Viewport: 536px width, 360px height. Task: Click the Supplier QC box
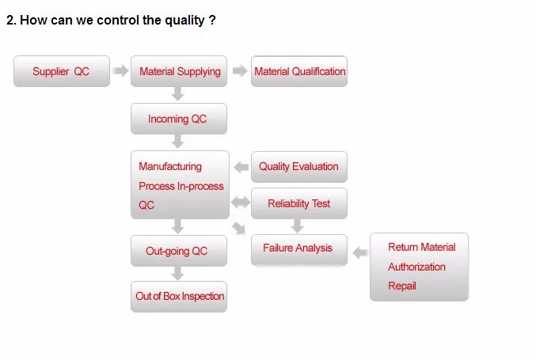[x=62, y=71]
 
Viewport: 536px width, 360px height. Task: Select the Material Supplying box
[x=179, y=71]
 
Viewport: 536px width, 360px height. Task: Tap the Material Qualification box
[x=299, y=71]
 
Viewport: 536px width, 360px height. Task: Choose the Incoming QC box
[x=179, y=119]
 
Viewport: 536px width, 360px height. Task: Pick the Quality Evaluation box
[x=299, y=167]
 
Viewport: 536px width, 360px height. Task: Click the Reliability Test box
[x=299, y=203]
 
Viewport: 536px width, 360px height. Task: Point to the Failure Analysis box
[x=299, y=249]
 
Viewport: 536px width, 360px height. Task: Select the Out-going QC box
[x=179, y=251]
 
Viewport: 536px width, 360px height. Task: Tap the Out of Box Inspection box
[x=179, y=297]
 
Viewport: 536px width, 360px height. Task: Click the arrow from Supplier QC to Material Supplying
[x=120, y=70]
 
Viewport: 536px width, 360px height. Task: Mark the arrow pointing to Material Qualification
[x=240, y=70]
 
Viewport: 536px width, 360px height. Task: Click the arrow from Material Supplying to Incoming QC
[x=178, y=93]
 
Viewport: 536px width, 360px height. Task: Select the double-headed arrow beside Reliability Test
[x=241, y=203]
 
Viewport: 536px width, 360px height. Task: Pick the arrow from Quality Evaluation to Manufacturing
[x=241, y=167]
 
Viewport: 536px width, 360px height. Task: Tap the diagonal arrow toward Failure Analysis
[x=238, y=228]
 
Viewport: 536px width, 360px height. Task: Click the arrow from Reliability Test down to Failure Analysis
[x=297, y=225]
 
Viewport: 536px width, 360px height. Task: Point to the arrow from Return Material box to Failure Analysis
[x=360, y=252]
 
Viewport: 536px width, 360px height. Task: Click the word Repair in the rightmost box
[x=402, y=286]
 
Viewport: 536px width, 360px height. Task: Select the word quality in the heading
[x=184, y=21]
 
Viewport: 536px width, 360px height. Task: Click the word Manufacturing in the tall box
[x=170, y=166]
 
